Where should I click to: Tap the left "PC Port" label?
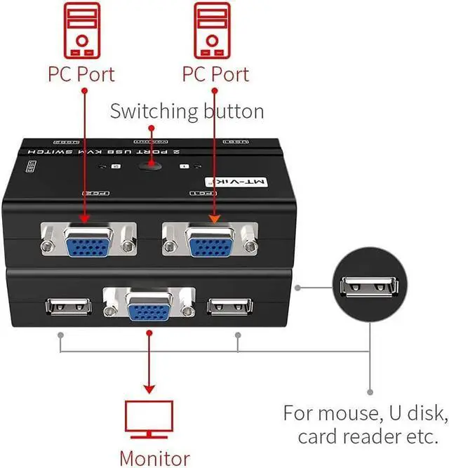pos(81,74)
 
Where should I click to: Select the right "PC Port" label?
pos(216,74)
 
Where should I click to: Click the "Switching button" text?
pos(187,111)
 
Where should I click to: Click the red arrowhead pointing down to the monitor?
pos(148,387)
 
